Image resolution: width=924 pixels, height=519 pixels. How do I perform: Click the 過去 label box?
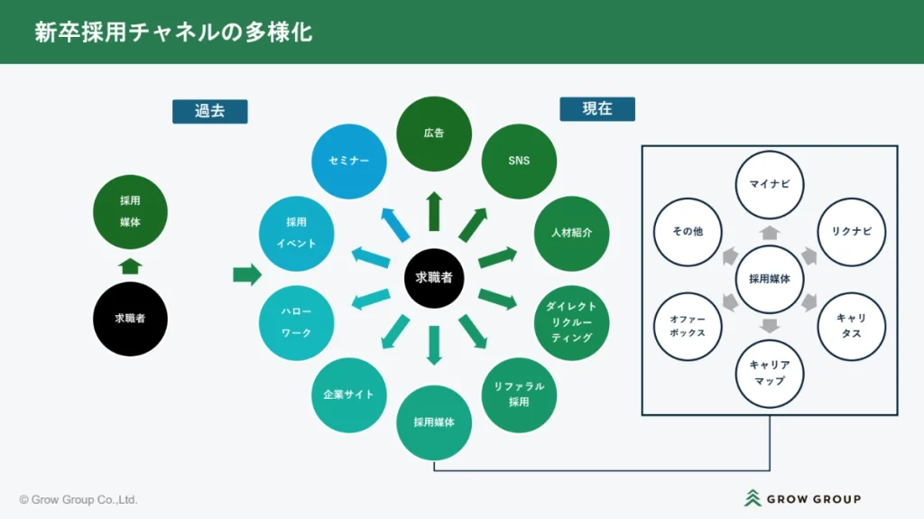tap(209, 111)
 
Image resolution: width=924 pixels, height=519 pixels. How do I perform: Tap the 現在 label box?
tap(596, 109)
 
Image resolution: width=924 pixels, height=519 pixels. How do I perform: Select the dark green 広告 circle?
tap(434, 134)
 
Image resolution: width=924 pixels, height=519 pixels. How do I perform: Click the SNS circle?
tap(519, 161)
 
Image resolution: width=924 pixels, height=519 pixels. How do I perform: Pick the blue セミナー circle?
tap(348, 161)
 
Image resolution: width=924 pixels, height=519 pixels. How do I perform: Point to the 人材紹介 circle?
tap(571, 233)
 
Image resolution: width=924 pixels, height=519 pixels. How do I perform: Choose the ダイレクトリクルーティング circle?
tap(571, 322)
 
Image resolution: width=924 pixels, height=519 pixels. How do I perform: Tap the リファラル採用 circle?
tap(519, 394)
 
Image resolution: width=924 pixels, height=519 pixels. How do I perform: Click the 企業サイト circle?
tap(348, 394)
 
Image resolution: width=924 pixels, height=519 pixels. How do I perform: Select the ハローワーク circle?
tap(296, 322)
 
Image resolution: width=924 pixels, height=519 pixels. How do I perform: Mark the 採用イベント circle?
tap(296, 233)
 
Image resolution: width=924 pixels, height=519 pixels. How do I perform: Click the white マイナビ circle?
tap(770, 184)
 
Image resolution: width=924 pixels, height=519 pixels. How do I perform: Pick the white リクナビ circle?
tap(851, 232)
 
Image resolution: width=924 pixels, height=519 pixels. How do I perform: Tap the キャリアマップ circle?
tap(770, 373)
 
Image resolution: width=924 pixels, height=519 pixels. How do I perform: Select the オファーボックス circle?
tap(688, 326)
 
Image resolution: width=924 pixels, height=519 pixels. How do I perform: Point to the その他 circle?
tap(688, 232)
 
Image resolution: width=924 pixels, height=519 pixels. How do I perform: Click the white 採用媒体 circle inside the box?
tap(770, 279)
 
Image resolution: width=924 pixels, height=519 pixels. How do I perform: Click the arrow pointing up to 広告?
tap(434, 210)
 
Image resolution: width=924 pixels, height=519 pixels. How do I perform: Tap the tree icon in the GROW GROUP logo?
tap(752, 498)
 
